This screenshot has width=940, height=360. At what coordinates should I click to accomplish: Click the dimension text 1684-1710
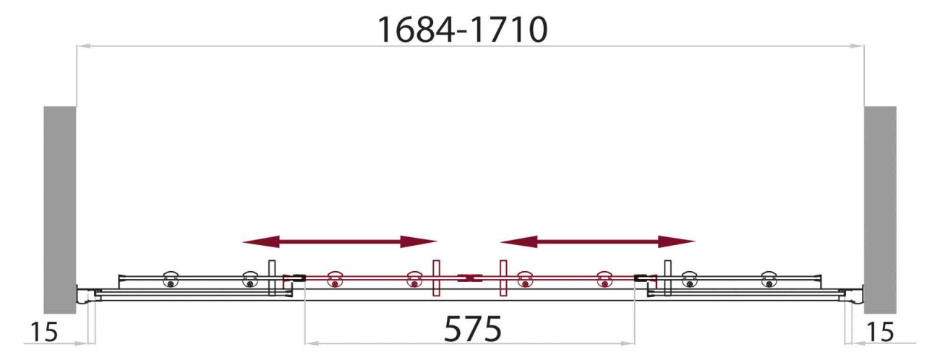click(x=463, y=30)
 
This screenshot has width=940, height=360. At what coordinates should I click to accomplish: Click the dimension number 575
click(x=472, y=329)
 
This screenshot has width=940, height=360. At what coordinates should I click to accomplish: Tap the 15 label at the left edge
click(x=44, y=332)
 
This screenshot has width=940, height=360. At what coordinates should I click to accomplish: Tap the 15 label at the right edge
click(x=880, y=332)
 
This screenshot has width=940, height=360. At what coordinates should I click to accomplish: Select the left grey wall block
click(x=60, y=210)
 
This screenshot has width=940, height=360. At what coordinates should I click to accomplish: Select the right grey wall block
click(x=880, y=210)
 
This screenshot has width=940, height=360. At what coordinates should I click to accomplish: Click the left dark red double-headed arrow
click(x=340, y=241)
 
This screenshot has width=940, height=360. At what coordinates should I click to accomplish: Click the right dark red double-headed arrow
click(x=597, y=241)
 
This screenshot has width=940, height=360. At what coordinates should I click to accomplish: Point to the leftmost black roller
click(x=171, y=279)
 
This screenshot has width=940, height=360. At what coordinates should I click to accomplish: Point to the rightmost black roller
click(x=769, y=279)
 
